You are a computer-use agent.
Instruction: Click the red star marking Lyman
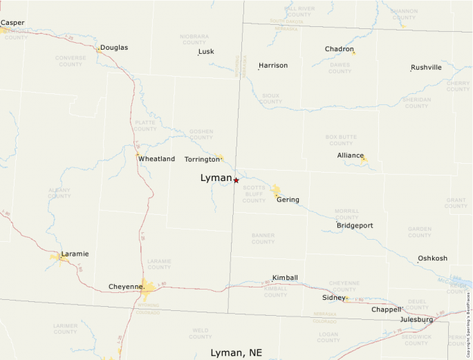[236, 180]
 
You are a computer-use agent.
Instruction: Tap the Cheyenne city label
[126, 287]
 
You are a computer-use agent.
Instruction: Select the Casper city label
[12, 23]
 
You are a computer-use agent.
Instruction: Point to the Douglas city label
[114, 48]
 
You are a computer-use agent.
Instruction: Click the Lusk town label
[206, 52]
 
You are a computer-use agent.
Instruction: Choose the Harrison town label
[273, 66]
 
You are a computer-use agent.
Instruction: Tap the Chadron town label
[340, 49]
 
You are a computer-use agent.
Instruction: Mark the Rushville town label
[426, 68]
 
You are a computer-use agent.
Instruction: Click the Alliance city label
[351, 155]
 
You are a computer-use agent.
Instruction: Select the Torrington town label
[202, 159]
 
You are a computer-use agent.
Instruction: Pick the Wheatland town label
[156, 159]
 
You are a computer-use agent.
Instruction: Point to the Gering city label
[288, 200]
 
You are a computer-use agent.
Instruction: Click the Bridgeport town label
[355, 226]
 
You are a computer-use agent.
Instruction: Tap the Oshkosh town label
[432, 258]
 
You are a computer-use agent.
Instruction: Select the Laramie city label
[75, 254]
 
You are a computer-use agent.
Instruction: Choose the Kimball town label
[285, 278]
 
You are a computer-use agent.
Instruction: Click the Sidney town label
[333, 297]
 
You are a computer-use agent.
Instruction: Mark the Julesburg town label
[416, 320]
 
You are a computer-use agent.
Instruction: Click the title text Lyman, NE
[236, 353]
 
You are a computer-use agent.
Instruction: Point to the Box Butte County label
[341, 140]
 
